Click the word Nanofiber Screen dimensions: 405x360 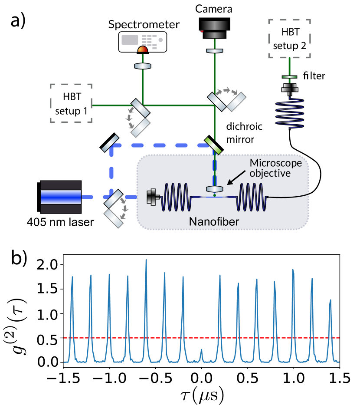pos(214,222)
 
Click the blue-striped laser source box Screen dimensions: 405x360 pos(61,197)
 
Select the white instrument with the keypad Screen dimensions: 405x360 pos(143,42)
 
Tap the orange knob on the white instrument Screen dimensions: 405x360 pos(143,49)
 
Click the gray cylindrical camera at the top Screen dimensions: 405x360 pos(215,30)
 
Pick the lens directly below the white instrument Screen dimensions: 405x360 pos(143,66)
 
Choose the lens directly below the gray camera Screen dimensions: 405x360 pos(215,51)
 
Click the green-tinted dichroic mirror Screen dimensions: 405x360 pos(213,145)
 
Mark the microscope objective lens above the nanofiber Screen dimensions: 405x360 pos(215,190)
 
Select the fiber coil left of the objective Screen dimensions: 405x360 pos(176,197)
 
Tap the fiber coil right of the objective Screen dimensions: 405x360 pos(251,197)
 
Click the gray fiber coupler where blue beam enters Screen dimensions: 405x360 pos(152,197)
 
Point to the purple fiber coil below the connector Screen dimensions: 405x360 pos(290,114)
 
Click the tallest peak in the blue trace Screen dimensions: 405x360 pos(146,260)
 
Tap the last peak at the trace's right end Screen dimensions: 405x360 pos(331,300)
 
